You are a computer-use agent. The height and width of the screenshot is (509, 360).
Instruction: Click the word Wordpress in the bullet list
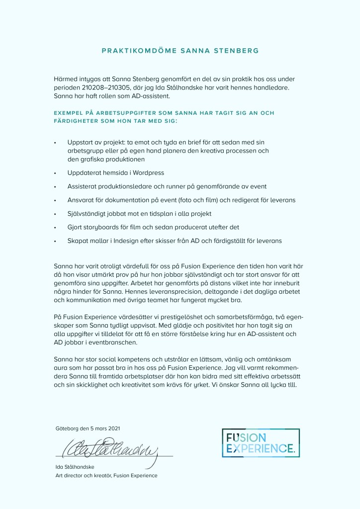click(146, 172)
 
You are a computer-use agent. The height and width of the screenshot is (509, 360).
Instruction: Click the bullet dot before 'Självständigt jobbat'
click(56, 214)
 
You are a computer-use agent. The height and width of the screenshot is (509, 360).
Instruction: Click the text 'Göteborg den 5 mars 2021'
click(88, 428)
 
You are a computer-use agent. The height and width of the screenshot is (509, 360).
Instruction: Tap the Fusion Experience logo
click(261, 442)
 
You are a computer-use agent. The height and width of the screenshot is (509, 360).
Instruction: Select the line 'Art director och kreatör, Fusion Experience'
click(106, 476)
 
